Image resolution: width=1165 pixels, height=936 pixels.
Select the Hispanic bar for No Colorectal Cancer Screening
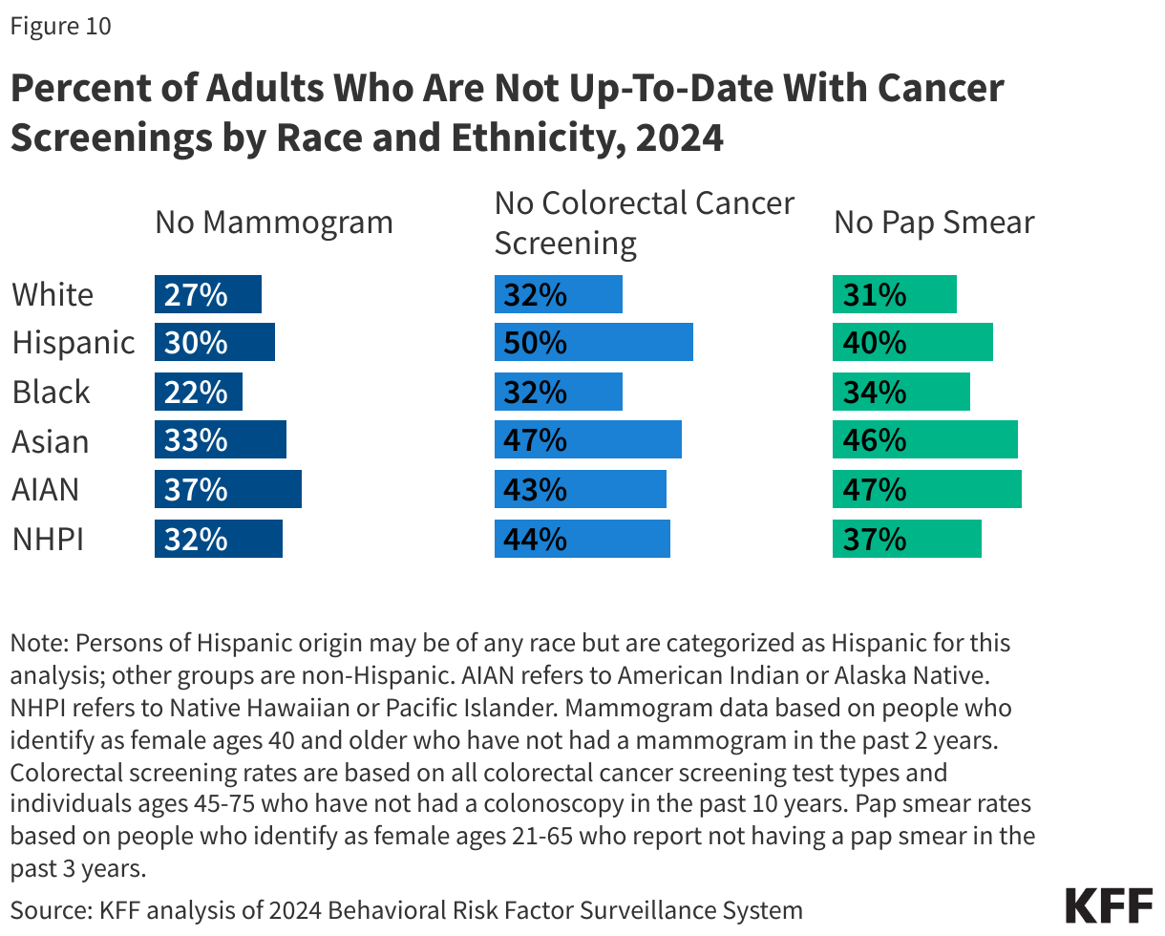coord(593,342)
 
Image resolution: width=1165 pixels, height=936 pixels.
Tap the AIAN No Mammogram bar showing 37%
coord(227,489)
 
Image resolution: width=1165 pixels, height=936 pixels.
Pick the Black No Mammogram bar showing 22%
coord(198,392)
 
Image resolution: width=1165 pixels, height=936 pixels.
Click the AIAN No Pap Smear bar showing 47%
coord(926,489)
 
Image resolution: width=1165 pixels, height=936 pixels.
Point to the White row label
coord(53,294)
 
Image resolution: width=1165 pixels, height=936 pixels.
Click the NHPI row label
coord(48,539)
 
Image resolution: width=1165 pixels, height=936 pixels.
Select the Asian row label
coord(51,441)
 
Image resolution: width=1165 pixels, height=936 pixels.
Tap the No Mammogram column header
coord(274,223)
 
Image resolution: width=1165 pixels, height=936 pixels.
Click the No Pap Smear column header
coord(934,223)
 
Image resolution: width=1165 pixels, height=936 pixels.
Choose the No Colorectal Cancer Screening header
coord(644,223)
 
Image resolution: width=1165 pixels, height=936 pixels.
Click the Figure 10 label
coord(60,27)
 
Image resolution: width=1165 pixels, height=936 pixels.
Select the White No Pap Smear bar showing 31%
coord(894,294)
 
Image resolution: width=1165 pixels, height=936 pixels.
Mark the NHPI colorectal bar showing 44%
coord(582,539)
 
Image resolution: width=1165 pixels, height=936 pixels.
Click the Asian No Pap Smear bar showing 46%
coord(924,441)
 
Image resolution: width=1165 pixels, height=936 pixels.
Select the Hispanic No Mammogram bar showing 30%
coord(214,342)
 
